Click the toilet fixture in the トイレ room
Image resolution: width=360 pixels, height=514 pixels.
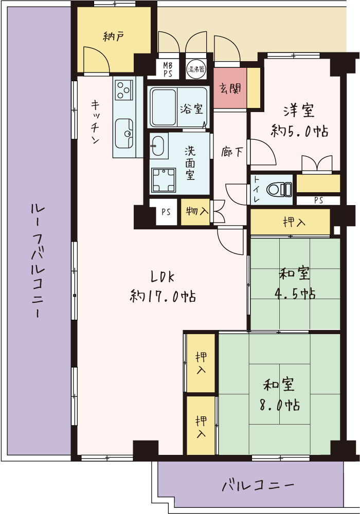(279, 190)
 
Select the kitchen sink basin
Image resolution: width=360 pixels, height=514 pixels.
(124, 133)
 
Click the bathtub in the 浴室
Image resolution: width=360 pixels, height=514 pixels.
(164, 107)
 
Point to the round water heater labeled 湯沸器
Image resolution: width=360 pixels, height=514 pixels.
(196, 69)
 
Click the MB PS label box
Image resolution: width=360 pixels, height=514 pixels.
(168, 70)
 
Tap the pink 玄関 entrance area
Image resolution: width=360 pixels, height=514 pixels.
(230, 88)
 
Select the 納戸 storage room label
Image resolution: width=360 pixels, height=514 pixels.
(114, 36)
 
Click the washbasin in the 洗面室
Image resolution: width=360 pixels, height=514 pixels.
(158, 146)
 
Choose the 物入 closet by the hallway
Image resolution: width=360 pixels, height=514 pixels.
(196, 212)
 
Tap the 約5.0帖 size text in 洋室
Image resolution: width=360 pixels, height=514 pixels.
(299, 131)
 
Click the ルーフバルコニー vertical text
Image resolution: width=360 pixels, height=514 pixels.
(38, 260)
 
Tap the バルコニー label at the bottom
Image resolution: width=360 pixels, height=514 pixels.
(257, 484)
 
